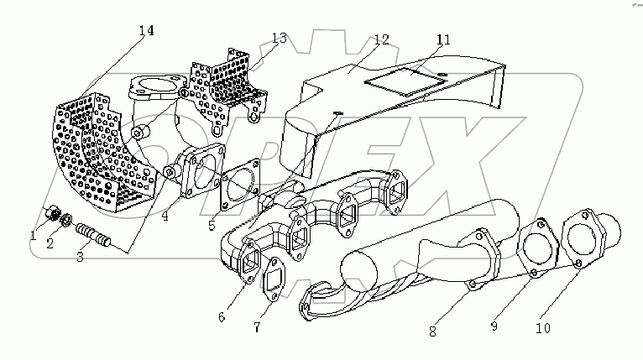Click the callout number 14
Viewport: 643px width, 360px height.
[x=146, y=31]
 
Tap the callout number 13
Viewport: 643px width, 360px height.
[x=279, y=38]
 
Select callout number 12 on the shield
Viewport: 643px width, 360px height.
[x=381, y=39]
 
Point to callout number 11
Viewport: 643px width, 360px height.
[x=443, y=39]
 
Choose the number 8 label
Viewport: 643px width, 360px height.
[x=432, y=331]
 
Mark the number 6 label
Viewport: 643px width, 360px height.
[x=222, y=316]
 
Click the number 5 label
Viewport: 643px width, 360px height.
[x=213, y=226]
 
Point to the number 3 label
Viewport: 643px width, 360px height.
[x=80, y=257]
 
